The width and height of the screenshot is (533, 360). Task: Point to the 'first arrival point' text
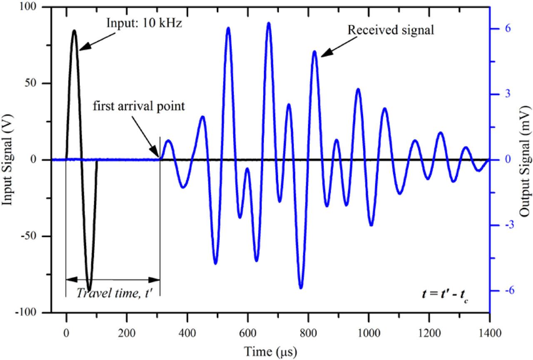pyautogui.click(x=139, y=106)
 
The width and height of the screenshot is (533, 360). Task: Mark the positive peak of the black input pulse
pyautogui.click(x=74, y=30)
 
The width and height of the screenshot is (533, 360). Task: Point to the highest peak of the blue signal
pyautogui.click(x=269, y=23)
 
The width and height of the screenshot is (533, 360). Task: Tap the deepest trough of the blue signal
pyautogui.click(x=301, y=288)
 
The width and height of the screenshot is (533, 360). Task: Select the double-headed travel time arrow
pyautogui.click(x=113, y=279)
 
